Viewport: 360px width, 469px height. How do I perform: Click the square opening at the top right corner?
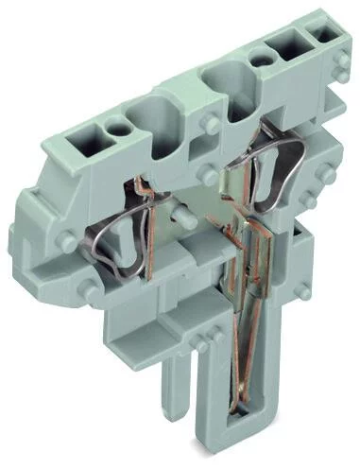pos(328,35)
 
